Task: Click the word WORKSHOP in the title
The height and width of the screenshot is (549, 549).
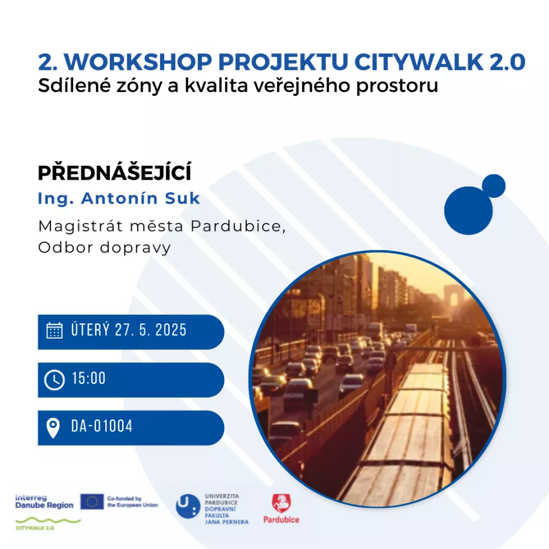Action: (138, 62)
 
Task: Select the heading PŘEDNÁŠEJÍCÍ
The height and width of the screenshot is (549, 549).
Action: (114, 172)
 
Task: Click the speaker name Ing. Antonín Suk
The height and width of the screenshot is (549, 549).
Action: (119, 198)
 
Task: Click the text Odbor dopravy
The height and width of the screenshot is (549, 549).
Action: (104, 248)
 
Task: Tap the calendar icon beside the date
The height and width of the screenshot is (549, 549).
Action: (54, 331)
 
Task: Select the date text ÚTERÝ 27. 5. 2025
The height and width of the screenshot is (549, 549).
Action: (129, 330)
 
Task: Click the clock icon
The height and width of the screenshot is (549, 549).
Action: (54, 380)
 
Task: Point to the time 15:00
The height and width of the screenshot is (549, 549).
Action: (89, 379)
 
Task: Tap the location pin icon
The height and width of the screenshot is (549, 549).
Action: (53, 428)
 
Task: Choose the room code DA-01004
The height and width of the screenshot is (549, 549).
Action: (102, 426)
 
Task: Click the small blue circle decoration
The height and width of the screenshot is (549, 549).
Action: (494, 186)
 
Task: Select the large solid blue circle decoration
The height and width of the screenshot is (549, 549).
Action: (468, 210)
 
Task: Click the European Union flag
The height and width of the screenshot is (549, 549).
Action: (92, 502)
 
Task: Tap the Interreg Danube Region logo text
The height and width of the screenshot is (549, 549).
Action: (44, 502)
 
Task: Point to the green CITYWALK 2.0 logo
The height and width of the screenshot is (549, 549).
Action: (48, 524)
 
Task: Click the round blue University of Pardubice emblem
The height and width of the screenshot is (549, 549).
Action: (188, 506)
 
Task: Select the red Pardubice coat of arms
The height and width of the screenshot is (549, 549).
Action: (281, 503)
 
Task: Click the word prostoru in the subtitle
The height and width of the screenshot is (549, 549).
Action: (397, 86)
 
